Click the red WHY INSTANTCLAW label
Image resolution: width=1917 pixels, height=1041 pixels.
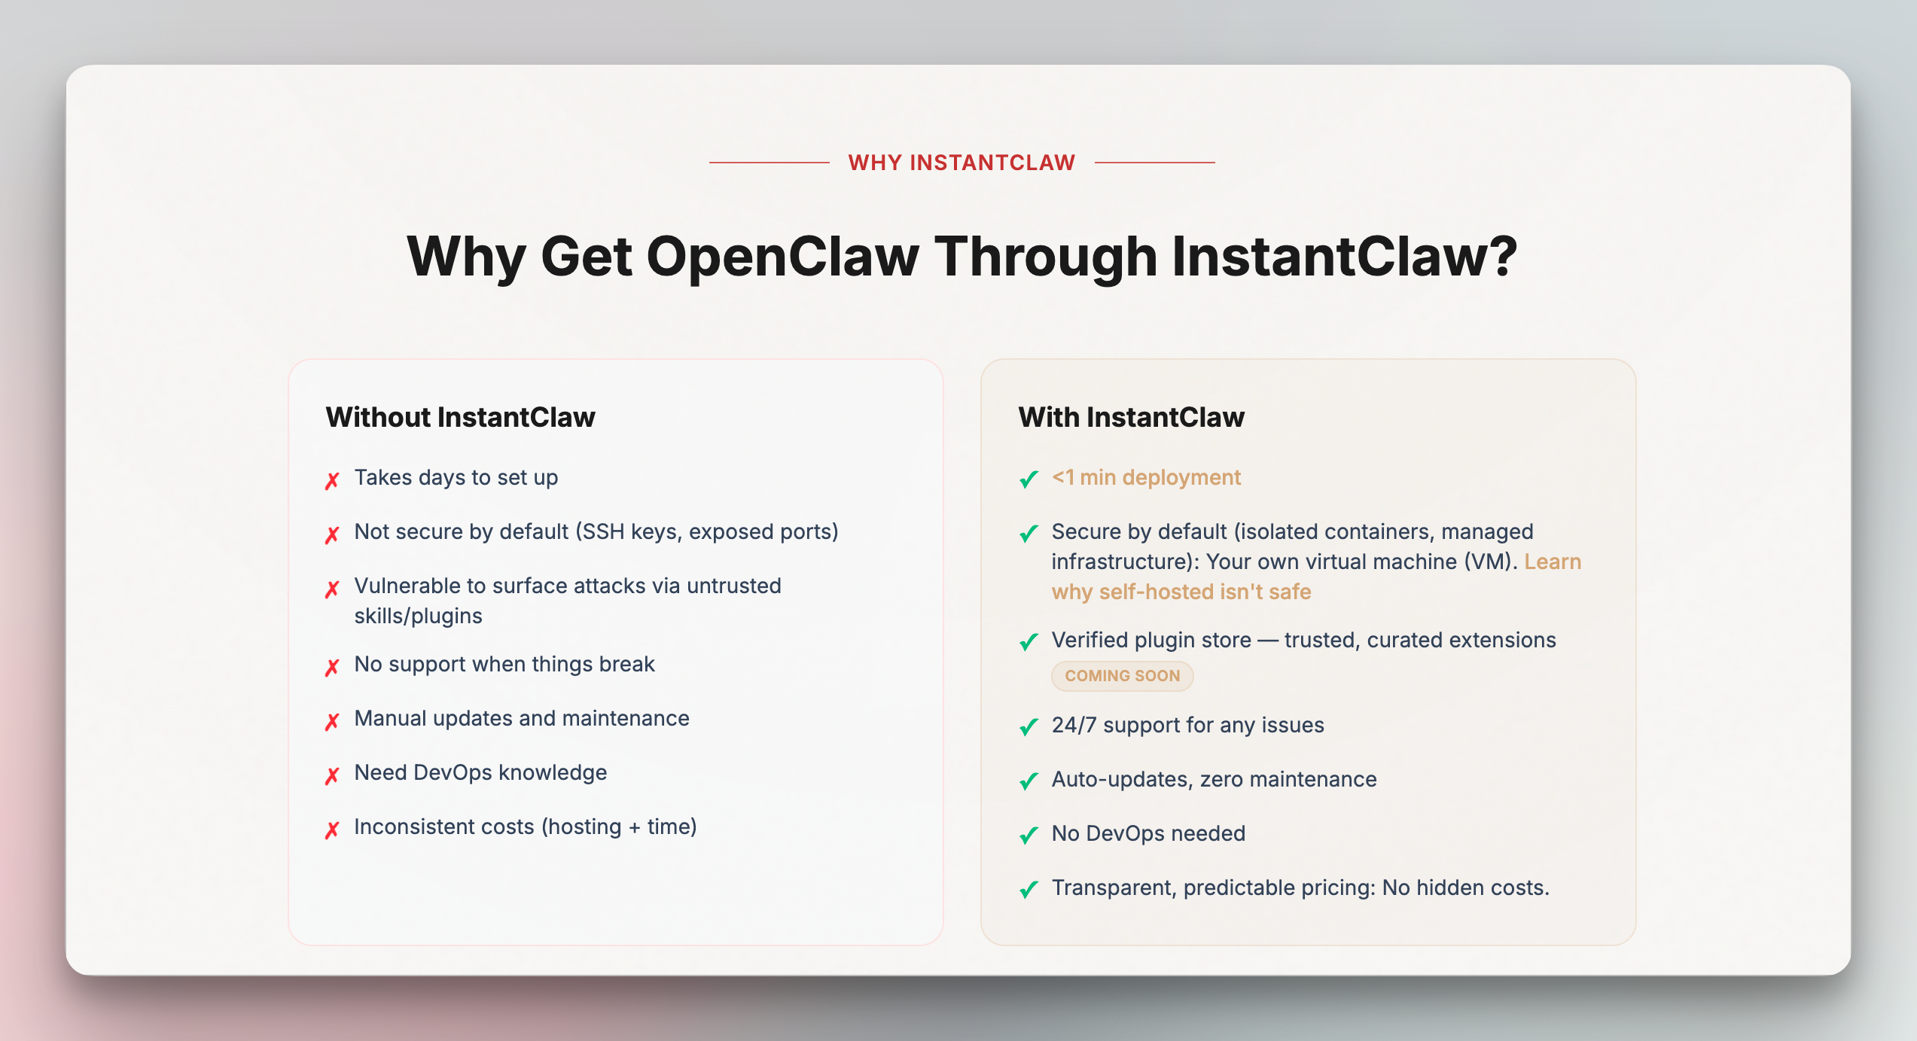coord(962,163)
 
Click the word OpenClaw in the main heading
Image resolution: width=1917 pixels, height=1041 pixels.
coord(782,257)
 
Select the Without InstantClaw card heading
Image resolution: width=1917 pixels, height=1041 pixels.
coord(460,417)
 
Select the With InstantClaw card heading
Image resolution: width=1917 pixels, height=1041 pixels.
coord(1131,417)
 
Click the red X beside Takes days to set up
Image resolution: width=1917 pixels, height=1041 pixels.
coord(332,480)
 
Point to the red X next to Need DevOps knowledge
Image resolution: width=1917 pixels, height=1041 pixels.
coord(332,775)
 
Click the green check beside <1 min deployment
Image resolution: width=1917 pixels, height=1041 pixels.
coord(1029,479)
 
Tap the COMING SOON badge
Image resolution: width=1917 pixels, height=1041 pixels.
coord(1122,676)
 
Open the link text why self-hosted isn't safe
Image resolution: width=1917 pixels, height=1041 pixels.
coord(1181,592)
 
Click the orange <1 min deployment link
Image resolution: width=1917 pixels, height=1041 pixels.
coord(1146,477)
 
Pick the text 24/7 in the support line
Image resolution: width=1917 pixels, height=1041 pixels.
coord(1074,725)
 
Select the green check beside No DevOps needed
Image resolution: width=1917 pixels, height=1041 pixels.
coord(1029,835)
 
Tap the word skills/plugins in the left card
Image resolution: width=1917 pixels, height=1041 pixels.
coord(418,616)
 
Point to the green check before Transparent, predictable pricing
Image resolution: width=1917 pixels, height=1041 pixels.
coord(1029,889)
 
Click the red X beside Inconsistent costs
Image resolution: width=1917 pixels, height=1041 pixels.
coord(332,829)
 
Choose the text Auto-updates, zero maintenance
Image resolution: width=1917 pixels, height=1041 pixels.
coord(1214,779)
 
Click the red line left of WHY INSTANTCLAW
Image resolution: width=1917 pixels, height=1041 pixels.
coord(769,163)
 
